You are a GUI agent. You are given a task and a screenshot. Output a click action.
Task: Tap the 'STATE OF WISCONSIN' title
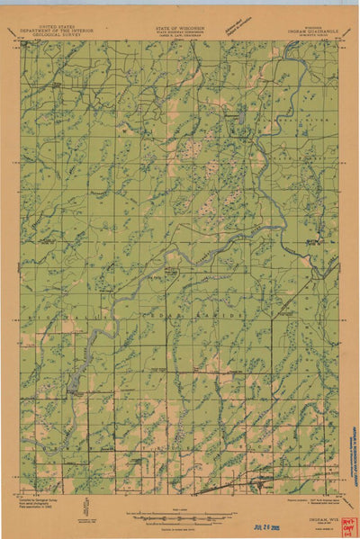180,28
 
